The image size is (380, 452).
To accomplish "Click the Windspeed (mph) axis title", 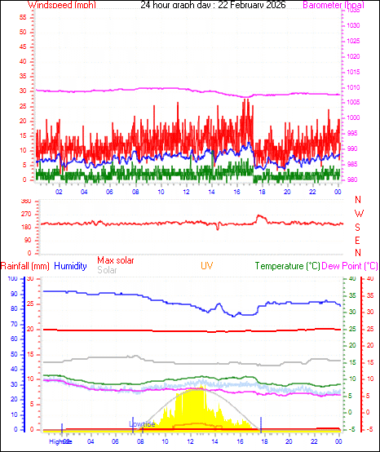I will [x=61, y=5].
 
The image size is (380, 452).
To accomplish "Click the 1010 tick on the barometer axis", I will [x=351, y=87].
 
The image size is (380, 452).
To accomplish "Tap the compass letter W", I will [x=357, y=213].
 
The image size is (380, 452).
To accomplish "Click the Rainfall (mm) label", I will [x=25, y=266].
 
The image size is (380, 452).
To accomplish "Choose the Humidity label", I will [x=70, y=266].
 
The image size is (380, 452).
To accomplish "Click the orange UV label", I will [x=209, y=266].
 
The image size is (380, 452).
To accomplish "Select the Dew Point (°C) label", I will [x=351, y=266].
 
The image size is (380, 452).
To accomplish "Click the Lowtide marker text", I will [x=142, y=424].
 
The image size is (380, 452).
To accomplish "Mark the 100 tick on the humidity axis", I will [x=12, y=279].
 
